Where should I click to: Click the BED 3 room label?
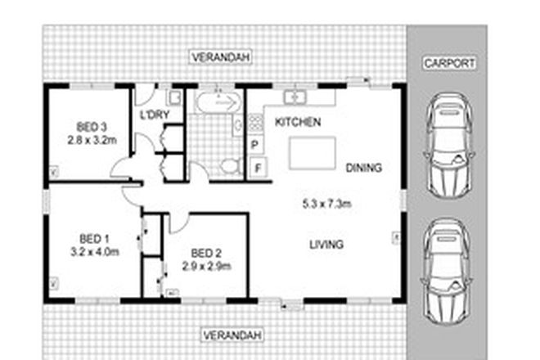(x=92, y=126)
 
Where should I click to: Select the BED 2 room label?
(x=205, y=252)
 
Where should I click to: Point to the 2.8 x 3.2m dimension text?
(x=92, y=140)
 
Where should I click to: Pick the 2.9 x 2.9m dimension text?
(x=205, y=266)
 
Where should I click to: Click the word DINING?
(x=364, y=168)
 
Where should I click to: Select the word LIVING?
(x=326, y=244)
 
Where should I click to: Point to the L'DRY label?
(x=154, y=115)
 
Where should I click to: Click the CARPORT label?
(x=449, y=62)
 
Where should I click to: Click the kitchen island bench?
(x=312, y=152)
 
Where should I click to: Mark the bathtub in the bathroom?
(x=217, y=102)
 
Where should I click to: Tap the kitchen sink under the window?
(x=295, y=97)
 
